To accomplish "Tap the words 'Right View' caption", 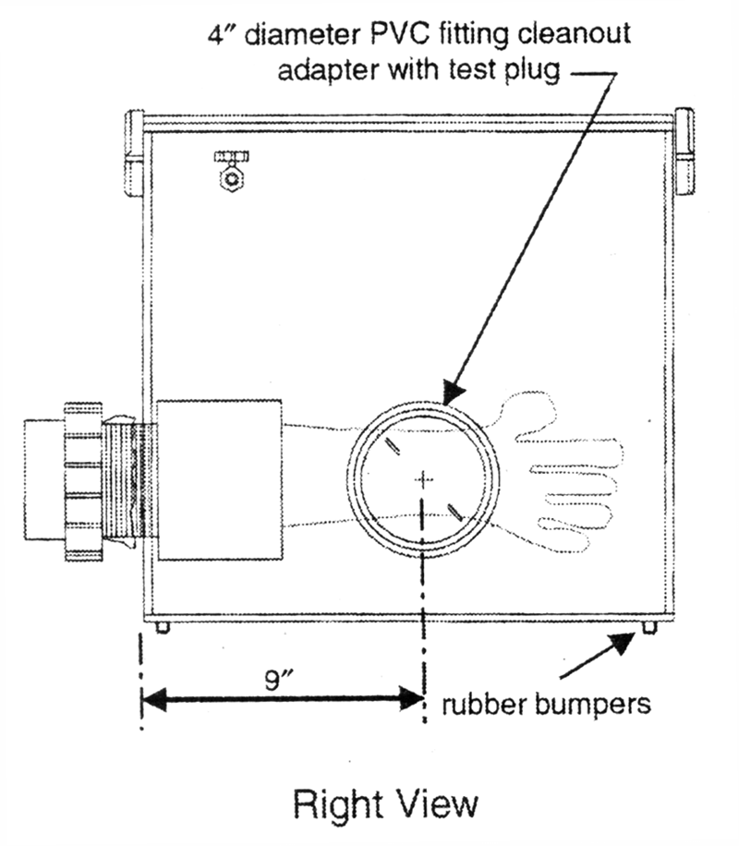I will click(385, 803).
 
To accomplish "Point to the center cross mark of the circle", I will click(424, 478).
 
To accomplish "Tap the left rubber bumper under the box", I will click(164, 627).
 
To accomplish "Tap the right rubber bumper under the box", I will click(648, 627).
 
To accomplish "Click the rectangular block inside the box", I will click(219, 479).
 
